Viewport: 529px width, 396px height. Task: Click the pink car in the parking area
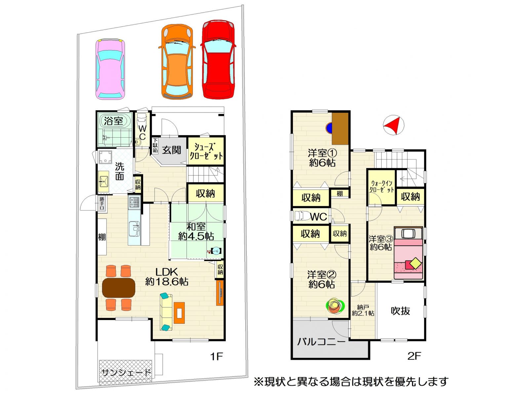pyautogui.click(x=110, y=69)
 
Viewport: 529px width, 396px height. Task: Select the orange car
pyautogui.click(x=177, y=62)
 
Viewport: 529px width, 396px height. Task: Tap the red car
pyautogui.click(x=218, y=59)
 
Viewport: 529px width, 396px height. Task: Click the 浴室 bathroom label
pyautogui.click(x=113, y=121)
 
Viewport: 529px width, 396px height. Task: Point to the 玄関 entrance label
pyautogui.click(x=171, y=150)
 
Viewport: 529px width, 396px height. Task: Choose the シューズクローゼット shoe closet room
pyautogui.click(x=206, y=151)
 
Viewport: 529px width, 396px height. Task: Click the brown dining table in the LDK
pyautogui.click(x=119, y=288)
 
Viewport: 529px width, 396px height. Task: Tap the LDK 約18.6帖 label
pyautogui.click(x=167, y=277)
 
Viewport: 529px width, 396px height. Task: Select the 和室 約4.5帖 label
pyautogui.click(x=196, y=231)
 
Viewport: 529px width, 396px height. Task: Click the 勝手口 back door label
pyautogui.click(x=102, y=203)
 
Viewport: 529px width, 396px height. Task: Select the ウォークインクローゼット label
pyautogui.click(x=382, y=186)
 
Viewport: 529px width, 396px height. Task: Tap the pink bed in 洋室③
pyautogui.click(x=408, y=253)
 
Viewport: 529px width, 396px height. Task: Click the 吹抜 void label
pyautogui.click(x=400, y=311)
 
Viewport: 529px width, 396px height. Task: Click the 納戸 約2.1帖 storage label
pyautogui.click(x=363, y=310)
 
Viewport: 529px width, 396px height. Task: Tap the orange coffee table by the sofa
pyautogui.click(x=179, y=313)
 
